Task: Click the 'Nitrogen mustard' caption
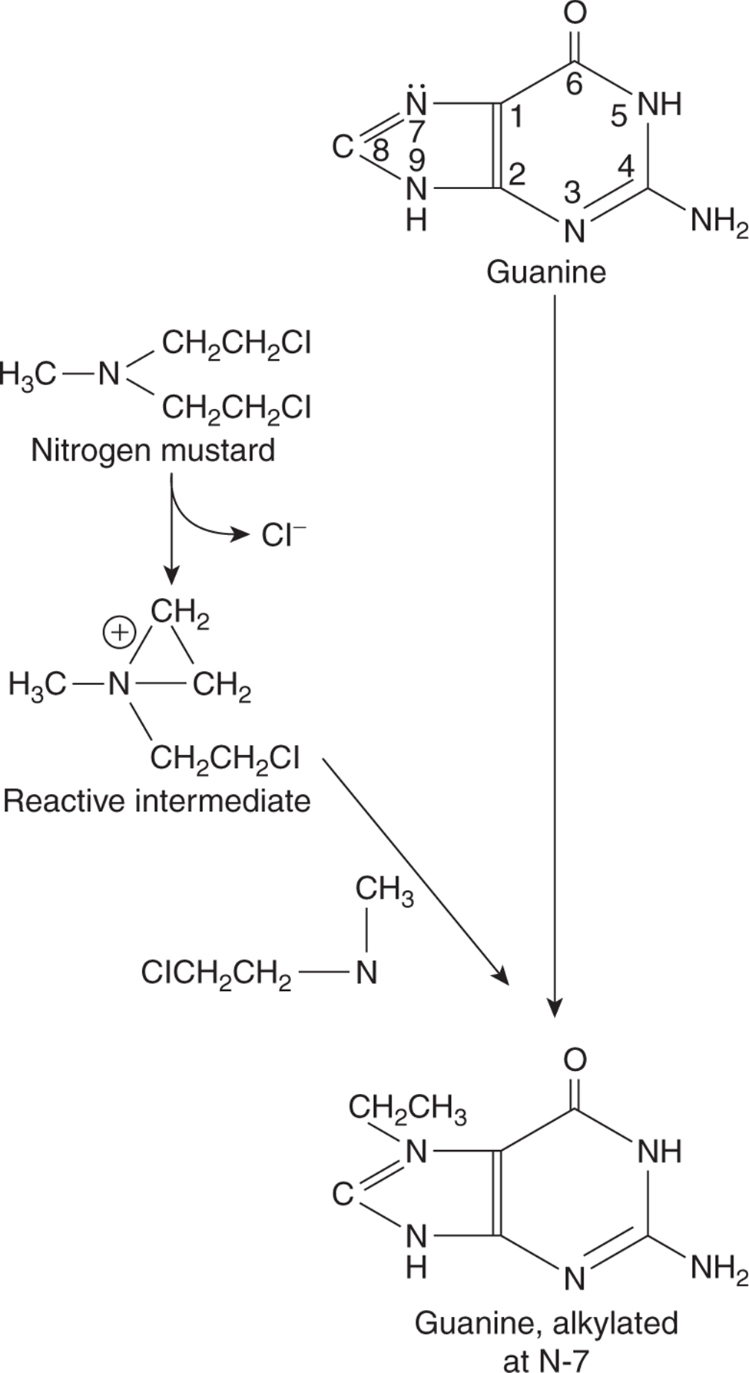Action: tap(153, 450)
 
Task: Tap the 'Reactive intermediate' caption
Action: tap(157, 801)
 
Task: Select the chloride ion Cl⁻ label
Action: tap(283, 535)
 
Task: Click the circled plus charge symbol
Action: tap(119, 633)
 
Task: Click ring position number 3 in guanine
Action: tap(572, 193)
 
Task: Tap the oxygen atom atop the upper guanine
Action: tap(575, 12)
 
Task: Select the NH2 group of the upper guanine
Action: tap(718, 222)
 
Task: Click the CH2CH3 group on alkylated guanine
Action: tap(407, 1109)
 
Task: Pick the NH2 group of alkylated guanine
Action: tap(718, 1269)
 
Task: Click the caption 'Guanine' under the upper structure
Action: tap(546, 271)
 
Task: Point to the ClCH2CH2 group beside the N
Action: tap(216, 973)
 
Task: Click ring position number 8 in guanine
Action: tap(379, 151)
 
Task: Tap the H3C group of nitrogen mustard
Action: tap(28, 374)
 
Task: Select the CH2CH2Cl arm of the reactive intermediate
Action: tap(224, 759)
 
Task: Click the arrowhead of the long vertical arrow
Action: tap(555, 1009)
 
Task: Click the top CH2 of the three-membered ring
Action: tap(180, 614)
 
